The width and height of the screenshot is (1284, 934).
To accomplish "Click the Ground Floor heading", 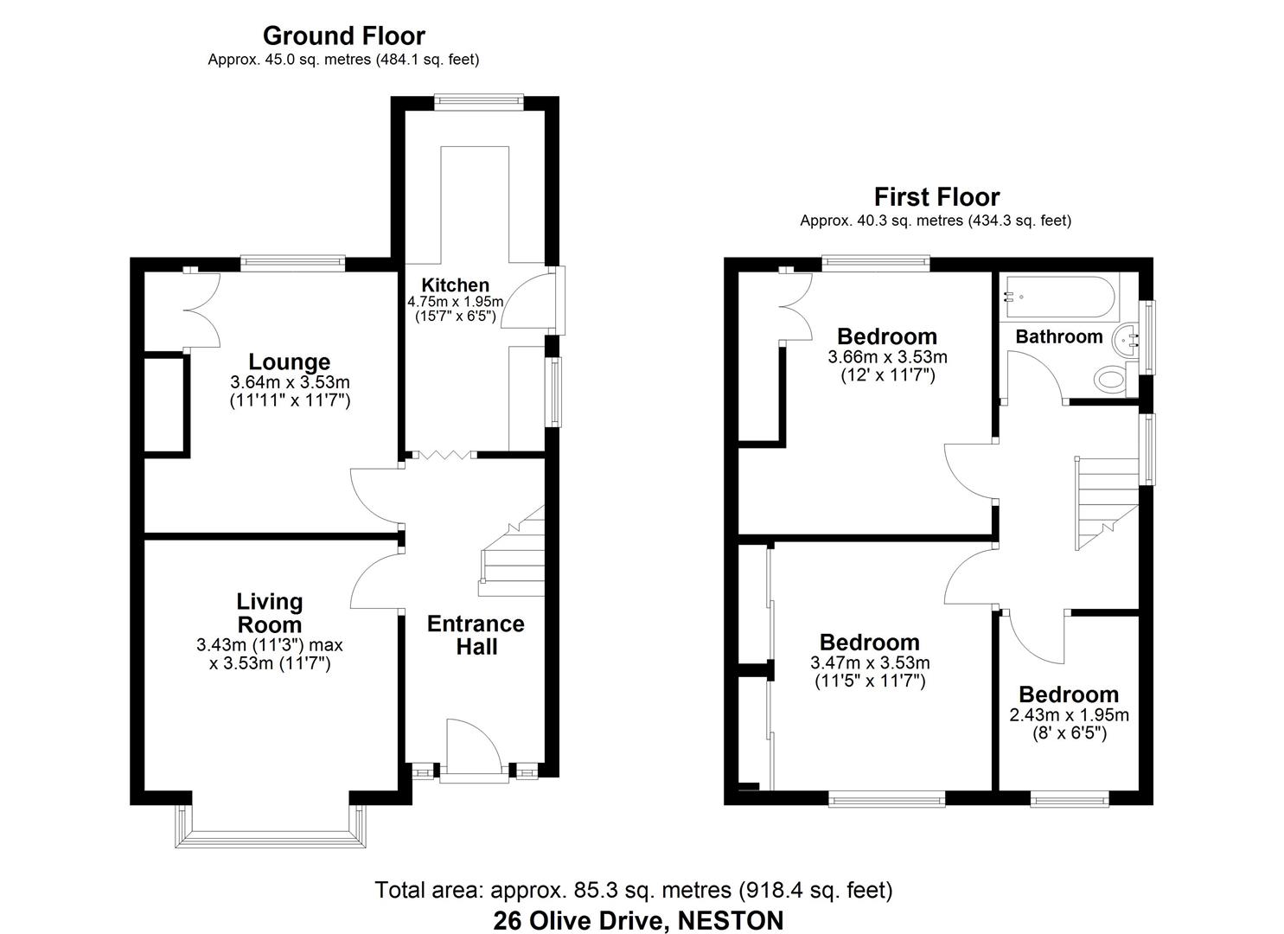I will [x=343, y=36].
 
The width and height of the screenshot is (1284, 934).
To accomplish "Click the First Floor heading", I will [x=936, y=197].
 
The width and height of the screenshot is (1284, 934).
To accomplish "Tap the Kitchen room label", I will [x=455, y=285].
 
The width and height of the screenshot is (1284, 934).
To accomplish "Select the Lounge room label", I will [x=289, y=362].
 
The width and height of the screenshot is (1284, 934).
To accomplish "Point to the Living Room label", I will [x=270, y=612].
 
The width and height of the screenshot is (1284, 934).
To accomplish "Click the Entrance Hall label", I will [x=476, y=635].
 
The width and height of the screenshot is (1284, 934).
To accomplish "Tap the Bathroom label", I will [x=1058, y=336].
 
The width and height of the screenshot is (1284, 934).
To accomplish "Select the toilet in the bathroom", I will [x=1109, y=379].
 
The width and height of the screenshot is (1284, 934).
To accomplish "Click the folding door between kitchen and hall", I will [x=441, y=455].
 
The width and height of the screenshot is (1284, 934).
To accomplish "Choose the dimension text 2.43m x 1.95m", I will [x=1069, y=715].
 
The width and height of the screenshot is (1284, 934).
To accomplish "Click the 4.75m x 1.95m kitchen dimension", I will [x=455, y=301].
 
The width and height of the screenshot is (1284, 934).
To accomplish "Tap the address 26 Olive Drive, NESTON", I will [x=638, y=920].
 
